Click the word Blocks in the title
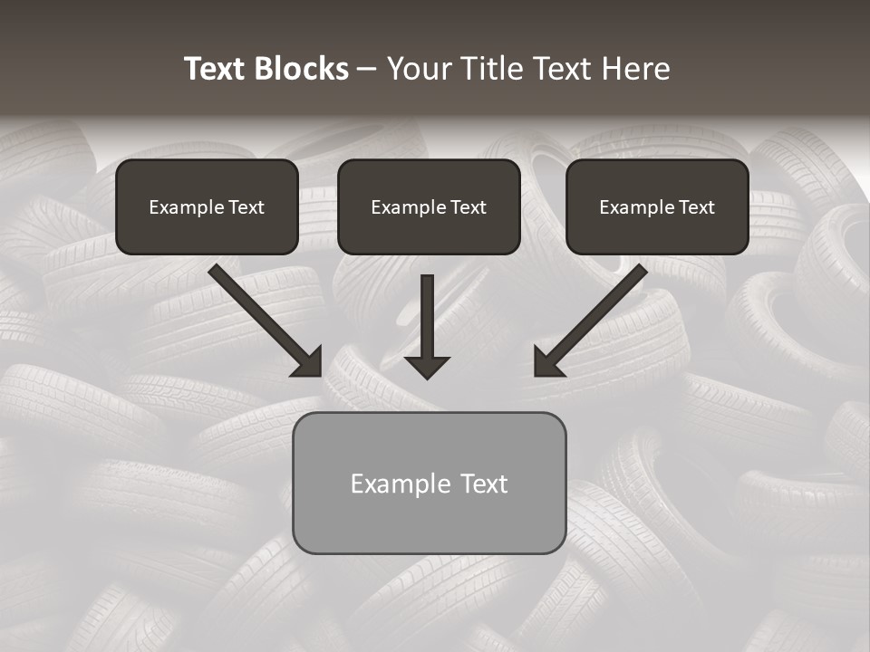click(x=301, y=69)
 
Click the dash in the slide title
click(x=367, y=70)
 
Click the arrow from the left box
click(x=258, y=313)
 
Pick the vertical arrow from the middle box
click(x=428, y=312)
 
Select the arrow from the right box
click(x=598, y=312)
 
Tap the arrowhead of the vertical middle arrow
click(x=428, y=367)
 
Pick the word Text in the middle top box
click(x=468, y=207)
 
